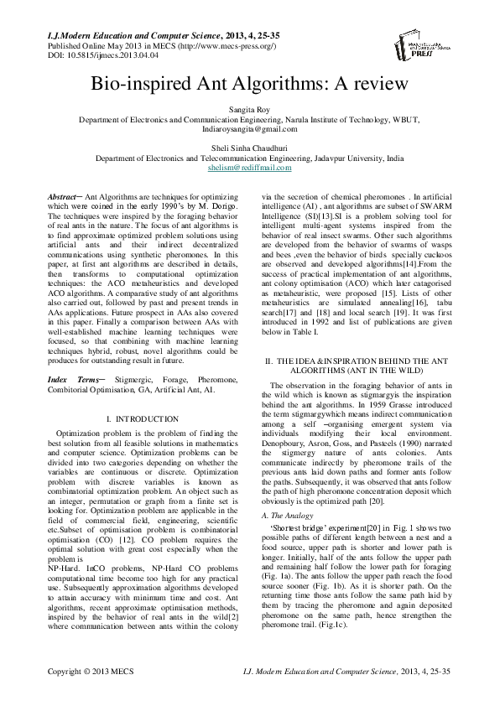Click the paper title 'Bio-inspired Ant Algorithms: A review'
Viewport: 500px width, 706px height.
click(x=249, y=85)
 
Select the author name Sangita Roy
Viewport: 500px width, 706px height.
click(x=249, y=110)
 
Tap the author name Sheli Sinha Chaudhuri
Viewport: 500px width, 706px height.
click(x=249, y=148)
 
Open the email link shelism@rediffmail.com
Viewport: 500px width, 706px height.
click(x=249, y=168)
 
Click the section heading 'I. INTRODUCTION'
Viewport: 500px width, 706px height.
click(x=143, y=418)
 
